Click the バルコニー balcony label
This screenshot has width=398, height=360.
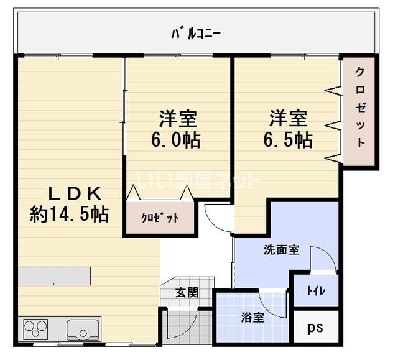(197, 32)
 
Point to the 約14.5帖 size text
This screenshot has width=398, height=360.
(69, 215)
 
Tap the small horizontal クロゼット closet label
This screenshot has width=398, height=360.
(160, 218)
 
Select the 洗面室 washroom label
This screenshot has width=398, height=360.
(282, 250)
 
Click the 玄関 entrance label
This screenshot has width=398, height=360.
(187, 292)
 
